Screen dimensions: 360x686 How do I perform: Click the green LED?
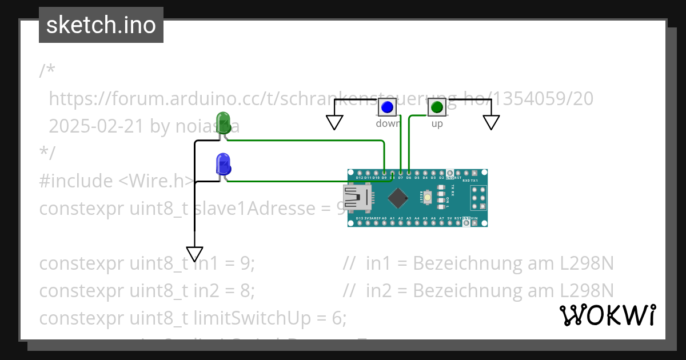tap(223, 122)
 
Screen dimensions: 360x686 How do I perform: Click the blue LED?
tap(223, 164)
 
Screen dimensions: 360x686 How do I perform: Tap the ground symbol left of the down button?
tap(334, 122)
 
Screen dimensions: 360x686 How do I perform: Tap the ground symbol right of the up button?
tap(491, 122)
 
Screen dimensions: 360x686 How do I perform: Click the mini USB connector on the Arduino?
tap(356, 198)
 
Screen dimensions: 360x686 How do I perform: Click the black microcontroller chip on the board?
tap(398, 198)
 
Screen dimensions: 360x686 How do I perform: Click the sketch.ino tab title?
tap(101, 25)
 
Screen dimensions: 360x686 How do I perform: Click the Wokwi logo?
tap(607, 315)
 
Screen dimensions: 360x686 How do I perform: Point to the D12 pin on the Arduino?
tap(360, 173)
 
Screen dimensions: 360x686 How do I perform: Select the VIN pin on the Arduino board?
tap(474, 223)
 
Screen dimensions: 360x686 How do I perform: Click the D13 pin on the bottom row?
tap(360, 223)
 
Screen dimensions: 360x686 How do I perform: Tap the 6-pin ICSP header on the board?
tap(478, 198)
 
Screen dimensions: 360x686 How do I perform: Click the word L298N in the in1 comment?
tap(587, 263)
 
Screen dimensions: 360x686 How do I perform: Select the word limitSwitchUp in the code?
tap(260, 318)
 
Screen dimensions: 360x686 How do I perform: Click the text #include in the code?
tap(76, 181)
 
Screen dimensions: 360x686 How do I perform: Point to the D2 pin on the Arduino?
tap(441, 173)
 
